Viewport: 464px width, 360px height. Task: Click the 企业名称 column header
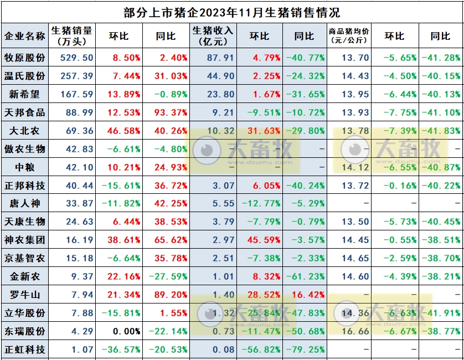[25, 36]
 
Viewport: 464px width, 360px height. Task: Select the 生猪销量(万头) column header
[71, 35]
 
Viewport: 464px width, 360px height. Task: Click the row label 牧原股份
[25, 58]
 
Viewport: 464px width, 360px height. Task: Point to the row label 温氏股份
[25, 76]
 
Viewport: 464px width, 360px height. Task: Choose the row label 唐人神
[25, 203]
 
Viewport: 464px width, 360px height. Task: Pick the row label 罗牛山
[25, 295]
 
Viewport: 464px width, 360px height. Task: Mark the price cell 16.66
[355, 331]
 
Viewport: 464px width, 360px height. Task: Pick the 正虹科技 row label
[25, 349]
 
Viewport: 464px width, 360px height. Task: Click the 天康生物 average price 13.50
[355, 222]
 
